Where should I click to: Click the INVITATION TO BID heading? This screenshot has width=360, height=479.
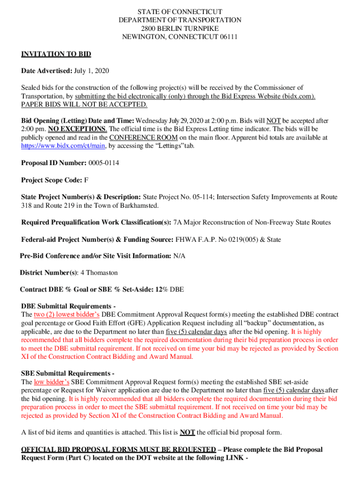click(x=56, y=54)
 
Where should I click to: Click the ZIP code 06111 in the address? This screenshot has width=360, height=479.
click(x=229, y=37)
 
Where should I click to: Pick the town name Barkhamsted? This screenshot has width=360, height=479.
click(x=139, y=205)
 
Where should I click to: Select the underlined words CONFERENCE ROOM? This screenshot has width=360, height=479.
click(x=144, y=138)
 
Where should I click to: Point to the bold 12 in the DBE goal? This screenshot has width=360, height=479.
click(x=159, y=290)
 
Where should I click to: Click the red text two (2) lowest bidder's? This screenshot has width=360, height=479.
click(x=66, y=315)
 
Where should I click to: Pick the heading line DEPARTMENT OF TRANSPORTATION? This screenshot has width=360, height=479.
click(x=180, y=20)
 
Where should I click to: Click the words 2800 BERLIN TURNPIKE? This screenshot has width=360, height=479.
click(x=180, y=29)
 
